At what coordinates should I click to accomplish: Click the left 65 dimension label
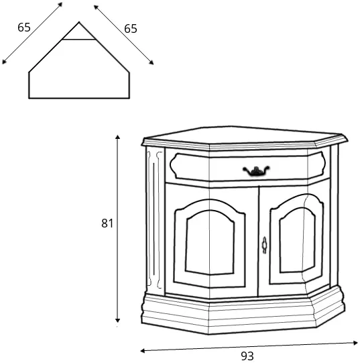click(x=24, y=28)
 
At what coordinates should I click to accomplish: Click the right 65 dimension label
click(x=131, y=29)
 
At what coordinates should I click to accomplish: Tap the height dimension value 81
click(x=107, y=223)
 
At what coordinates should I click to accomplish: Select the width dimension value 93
click(x=247, y=356)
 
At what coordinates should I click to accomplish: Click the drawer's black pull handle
click(x=256, y=171)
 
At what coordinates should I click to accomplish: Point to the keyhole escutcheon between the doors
click(x=264, y=245)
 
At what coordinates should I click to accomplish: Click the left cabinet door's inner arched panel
click(x=210, y=243)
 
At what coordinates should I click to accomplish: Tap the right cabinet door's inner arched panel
click(x=297, y=240)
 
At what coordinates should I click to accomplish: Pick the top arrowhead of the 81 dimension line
click(x=118, y=137)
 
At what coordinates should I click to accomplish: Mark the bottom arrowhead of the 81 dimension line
click(x=118, y=320)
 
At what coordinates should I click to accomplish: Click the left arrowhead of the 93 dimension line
click(x=143, y=351)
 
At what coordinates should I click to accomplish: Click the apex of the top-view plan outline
click(x=79, y=22)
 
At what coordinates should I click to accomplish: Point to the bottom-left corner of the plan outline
click(x=29, y=98)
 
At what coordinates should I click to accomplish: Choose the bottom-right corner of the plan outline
click(x=129, y=98)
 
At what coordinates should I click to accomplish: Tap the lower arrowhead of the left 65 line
click(x=4, y=62)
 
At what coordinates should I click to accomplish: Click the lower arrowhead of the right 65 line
click(x=152, y=62)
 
